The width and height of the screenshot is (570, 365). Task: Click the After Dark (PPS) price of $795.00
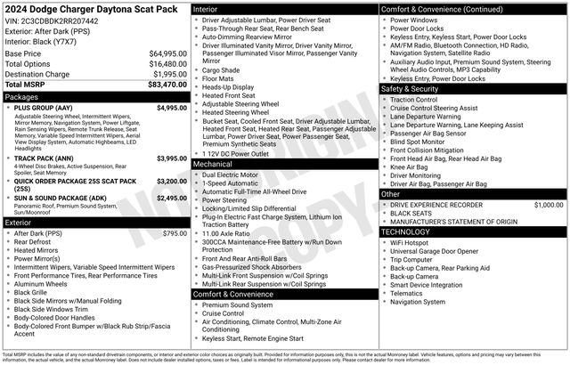tap(175, 233)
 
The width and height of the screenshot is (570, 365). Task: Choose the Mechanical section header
tap(213, 165)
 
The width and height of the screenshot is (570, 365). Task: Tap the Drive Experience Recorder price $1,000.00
tap(549, 205)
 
